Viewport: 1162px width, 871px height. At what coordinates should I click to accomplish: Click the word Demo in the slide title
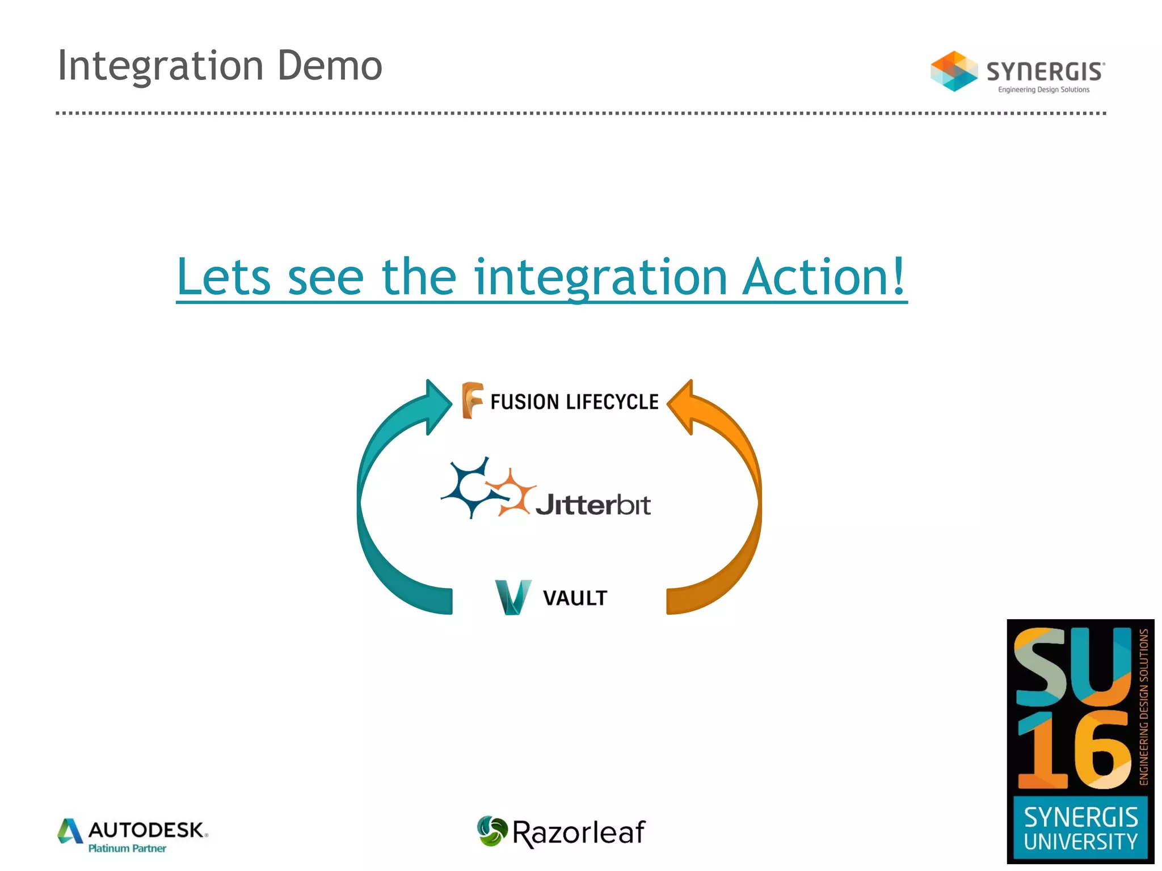330,66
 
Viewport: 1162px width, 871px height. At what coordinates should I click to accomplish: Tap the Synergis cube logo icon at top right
954,71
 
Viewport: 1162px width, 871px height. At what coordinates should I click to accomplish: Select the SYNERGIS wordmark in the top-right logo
1045,72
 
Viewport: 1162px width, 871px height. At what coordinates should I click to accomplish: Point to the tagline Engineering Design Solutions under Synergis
1043,90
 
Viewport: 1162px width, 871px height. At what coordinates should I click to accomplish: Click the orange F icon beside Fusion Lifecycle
471,400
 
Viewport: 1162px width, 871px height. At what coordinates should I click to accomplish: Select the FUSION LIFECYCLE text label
574,402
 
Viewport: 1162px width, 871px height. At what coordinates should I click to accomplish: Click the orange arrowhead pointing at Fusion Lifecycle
682,406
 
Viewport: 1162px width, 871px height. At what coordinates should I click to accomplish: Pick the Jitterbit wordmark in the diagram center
593,505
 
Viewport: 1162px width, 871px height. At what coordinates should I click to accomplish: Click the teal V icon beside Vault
513,597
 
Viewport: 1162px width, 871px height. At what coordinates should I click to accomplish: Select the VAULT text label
575,598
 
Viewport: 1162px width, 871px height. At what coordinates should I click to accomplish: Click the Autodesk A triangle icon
70,831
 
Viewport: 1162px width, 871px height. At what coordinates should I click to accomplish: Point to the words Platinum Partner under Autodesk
127,848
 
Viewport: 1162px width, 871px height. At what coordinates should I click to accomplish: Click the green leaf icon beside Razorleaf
491,831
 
